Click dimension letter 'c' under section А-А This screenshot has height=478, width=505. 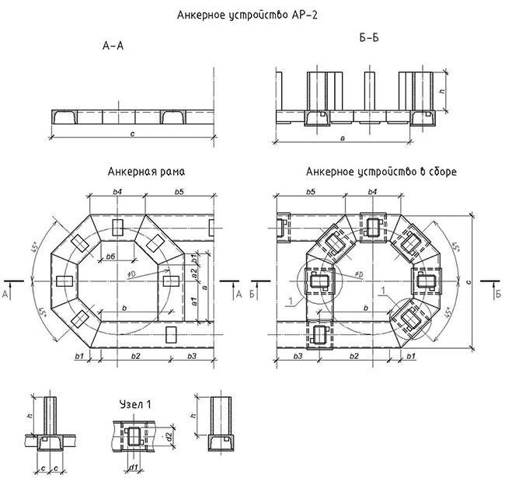coord(134,137)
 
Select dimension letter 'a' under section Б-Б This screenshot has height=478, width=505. coord(343,138)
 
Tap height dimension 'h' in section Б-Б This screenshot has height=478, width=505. coord(441,91)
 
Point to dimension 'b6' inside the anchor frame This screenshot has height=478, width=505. coord(110,256)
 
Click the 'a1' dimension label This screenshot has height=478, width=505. coord(193,300)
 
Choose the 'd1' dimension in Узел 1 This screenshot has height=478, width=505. coord(133,466)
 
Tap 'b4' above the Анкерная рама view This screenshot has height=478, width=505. coord(117,190)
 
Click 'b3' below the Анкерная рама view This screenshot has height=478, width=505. coord(191,355)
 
